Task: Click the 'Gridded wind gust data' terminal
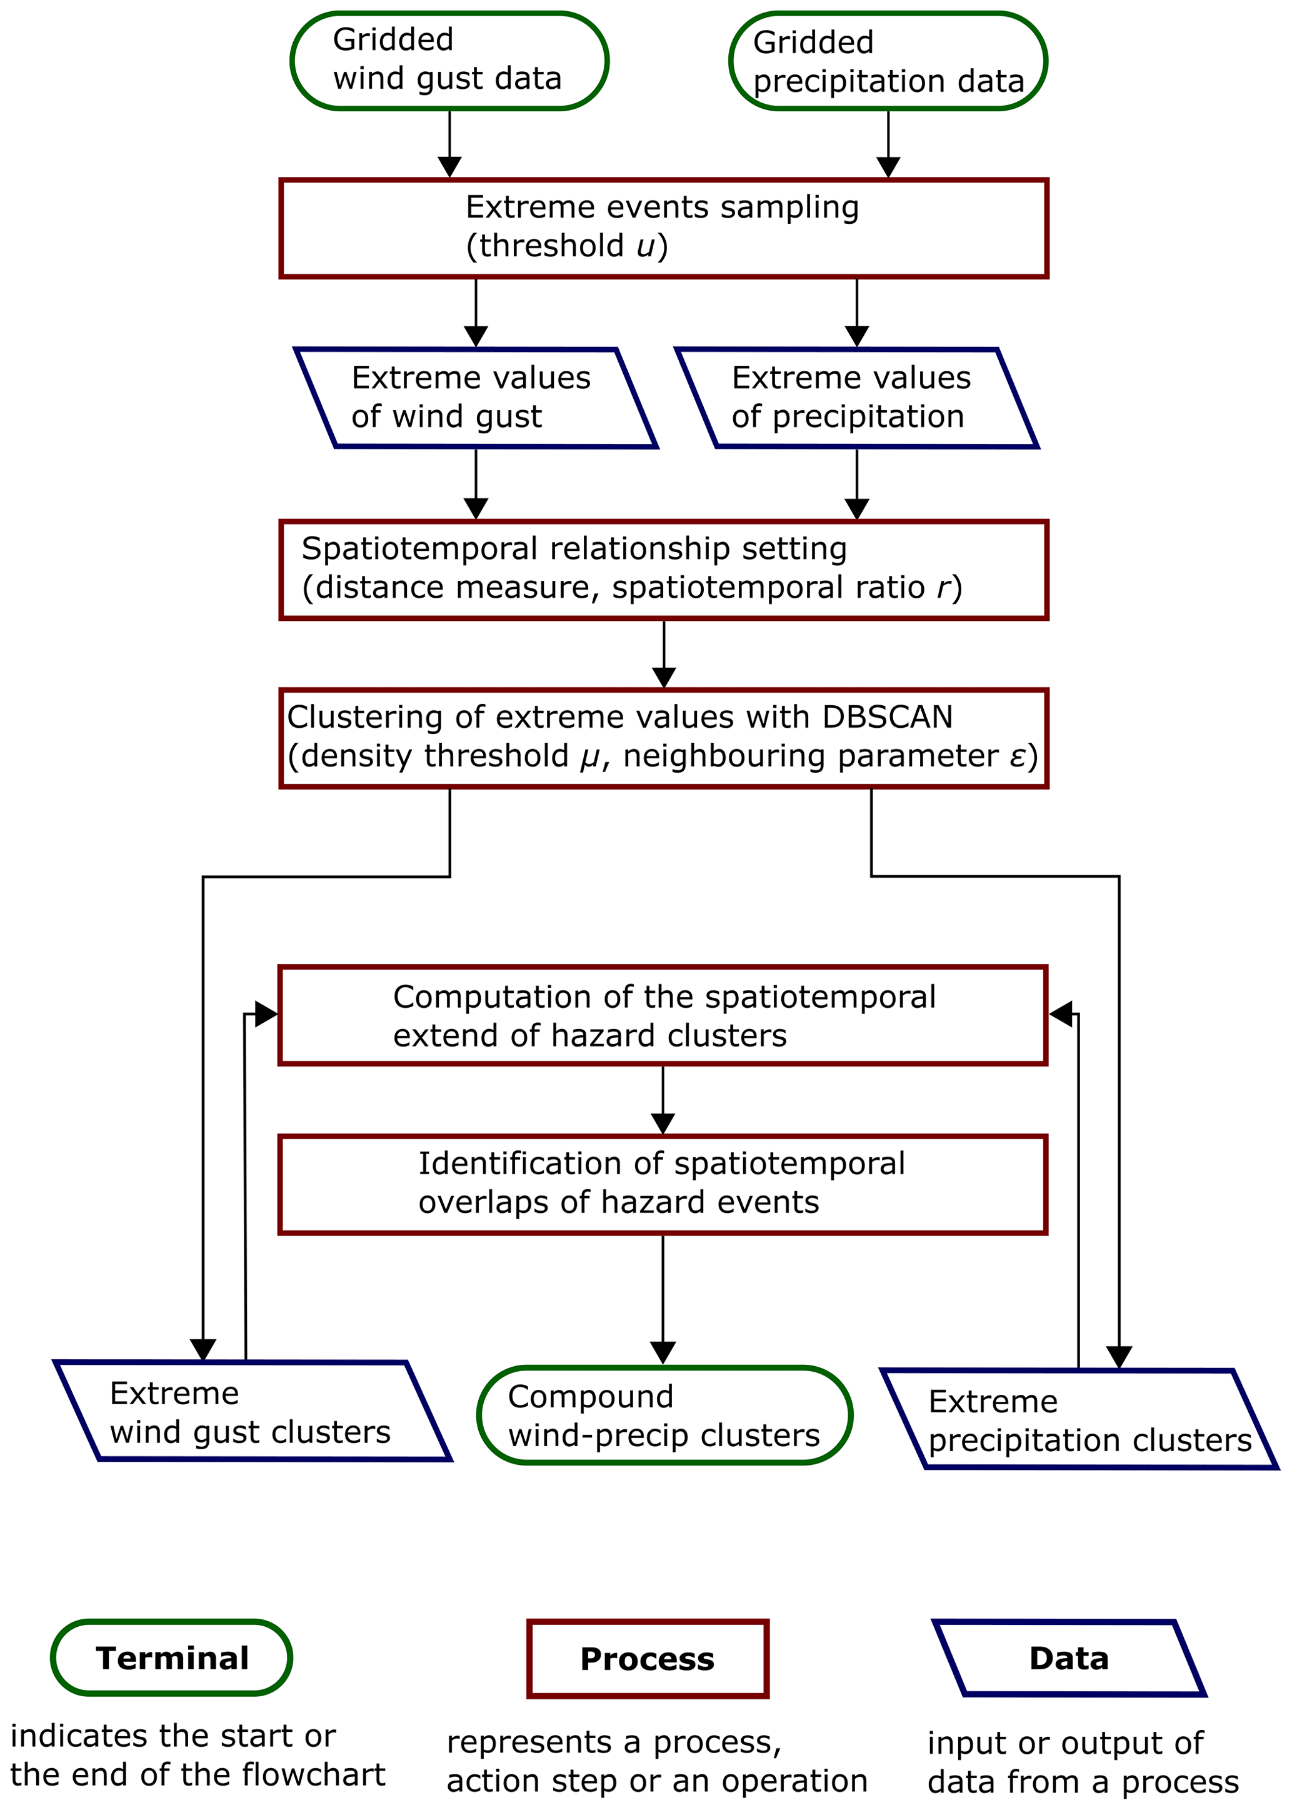[449, 61]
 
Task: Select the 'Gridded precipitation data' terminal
[888, 61]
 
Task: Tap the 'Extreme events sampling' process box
[664, 228]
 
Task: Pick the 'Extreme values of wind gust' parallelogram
[476, 398]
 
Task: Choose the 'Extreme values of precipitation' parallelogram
[856, 398]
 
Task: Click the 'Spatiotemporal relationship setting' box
[664, 570]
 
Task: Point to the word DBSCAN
[887, 717]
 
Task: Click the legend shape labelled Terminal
[172, 1658]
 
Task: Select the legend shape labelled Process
[648, 1659]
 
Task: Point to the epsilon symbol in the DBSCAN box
[1018, 757]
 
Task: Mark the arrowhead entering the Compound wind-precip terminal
[663, 1352]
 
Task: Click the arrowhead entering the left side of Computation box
[266, 1014]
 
